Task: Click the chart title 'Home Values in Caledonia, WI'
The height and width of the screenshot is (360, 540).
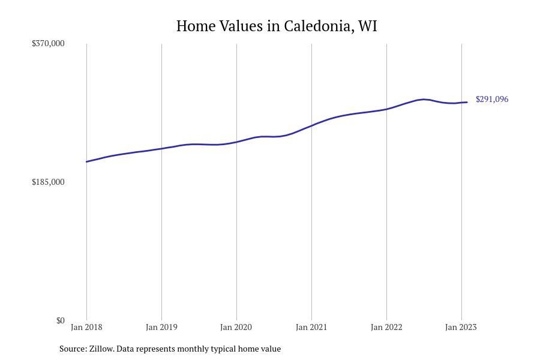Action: pos(277,26)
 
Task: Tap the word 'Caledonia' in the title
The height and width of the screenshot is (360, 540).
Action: pos(317,26)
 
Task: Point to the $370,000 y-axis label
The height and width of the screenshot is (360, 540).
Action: pos(48,43)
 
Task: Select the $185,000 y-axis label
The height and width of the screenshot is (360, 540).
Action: pos(48,182)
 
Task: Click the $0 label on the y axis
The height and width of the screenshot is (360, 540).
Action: pos(60,320)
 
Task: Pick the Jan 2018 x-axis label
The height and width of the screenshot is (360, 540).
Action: pos(86,327)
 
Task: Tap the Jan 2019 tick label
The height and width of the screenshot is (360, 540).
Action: pos(161,327)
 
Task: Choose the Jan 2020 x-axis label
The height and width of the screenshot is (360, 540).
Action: pos(236,327)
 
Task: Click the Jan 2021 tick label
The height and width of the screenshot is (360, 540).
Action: pos(311,327)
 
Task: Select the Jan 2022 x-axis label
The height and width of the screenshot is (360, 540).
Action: pos(386,327)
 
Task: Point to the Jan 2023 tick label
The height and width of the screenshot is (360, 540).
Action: pos(461,327)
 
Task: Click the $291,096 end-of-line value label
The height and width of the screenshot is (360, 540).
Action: pos(492,99)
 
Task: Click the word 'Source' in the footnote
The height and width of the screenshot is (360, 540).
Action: pos(73,349)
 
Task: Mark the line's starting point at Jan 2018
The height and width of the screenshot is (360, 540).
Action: pos(86,161)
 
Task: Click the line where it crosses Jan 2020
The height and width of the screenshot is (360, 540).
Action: pos(236,142)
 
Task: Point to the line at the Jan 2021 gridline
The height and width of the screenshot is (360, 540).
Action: pos(311,125)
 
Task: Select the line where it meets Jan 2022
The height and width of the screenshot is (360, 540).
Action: pos(386,109)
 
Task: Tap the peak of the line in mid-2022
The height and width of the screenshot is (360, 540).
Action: pos(424,99)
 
